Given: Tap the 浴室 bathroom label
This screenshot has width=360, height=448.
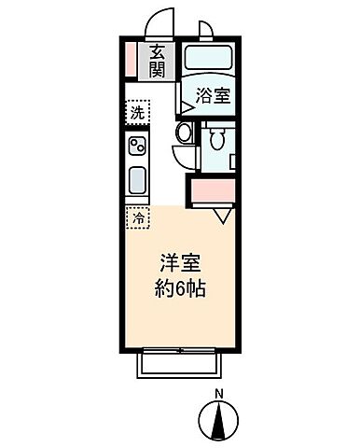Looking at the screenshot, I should tap(213, 94).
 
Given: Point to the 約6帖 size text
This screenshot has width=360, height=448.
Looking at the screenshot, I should tap(179, 289).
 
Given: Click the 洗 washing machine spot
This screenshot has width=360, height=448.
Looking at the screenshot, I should tap(138, 112).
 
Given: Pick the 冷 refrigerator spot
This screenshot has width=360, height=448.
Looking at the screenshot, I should tap(138, 217).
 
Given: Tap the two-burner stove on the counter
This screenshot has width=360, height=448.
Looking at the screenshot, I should tap(138, 147).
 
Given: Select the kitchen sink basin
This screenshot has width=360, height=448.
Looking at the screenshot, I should tap(138, 179).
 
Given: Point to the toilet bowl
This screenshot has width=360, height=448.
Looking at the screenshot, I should tap(217, 141).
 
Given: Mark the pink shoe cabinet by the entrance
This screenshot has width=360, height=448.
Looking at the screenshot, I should tap(132, 60).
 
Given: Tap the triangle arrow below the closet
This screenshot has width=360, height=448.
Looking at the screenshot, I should tap(222, 217).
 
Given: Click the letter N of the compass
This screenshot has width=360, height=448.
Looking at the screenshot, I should tap(219, 392).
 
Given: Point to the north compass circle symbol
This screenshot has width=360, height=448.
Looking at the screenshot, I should tap(219, 420).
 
